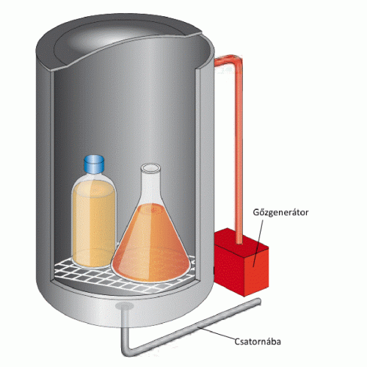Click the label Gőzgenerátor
pos(280,212)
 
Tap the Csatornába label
pos(258,341)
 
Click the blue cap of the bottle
pos(94,164)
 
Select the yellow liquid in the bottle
pos(94,224)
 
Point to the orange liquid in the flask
pos(150,244)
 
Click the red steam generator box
pos(241,263)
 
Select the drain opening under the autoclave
pos(125,305)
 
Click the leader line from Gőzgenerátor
pos(258,243)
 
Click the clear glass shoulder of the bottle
pos(94,178)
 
